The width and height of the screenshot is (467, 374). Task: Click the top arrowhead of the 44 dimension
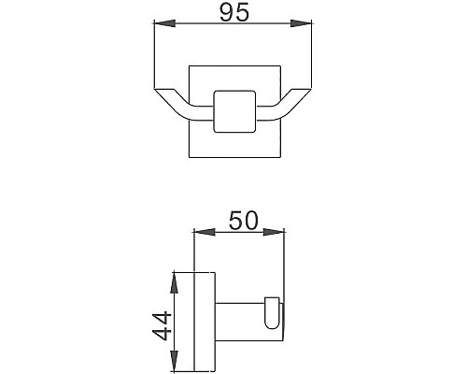pyautogui.click(x=175, y=278)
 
